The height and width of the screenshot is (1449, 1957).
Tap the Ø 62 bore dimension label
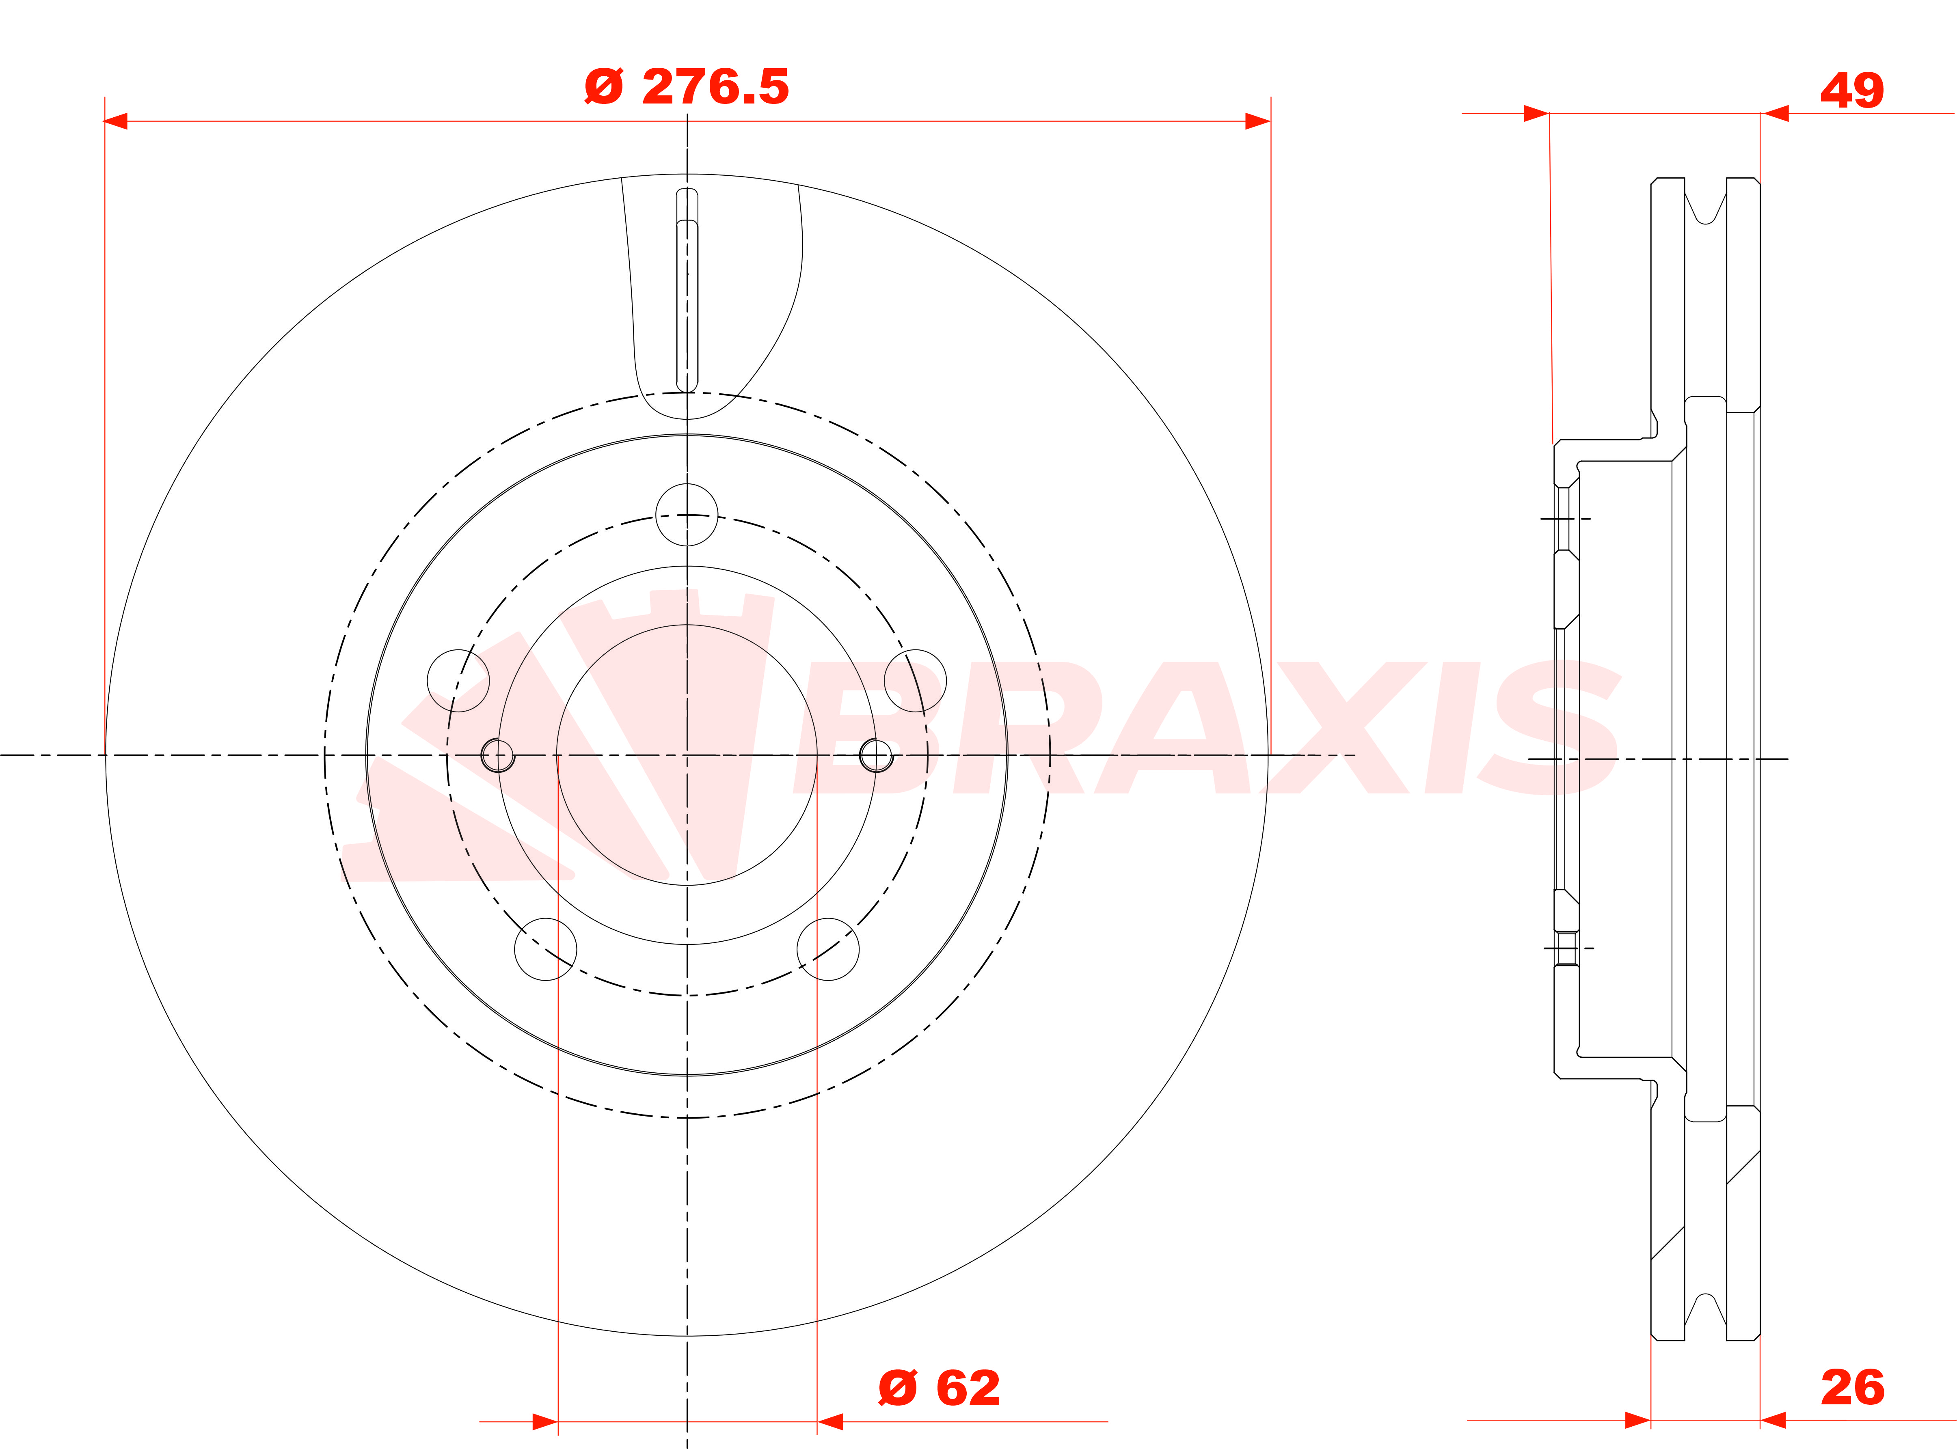click(x=939, y=1389)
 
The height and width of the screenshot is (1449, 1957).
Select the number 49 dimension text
click(x=1852, y=91)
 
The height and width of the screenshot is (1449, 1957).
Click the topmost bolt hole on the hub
click(x=687, y=515)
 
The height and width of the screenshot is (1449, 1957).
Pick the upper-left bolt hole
click(x=458, y=681)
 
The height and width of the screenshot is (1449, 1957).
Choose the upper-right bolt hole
click(x=915, y=681)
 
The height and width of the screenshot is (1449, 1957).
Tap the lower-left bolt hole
click(x=546, y=949)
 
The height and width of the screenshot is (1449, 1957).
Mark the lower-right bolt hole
click(x=828, y=949)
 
